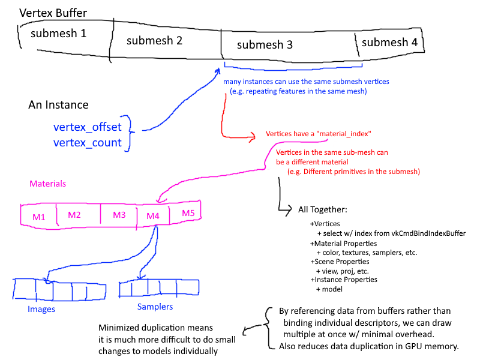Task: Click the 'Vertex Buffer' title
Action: click(53, 13)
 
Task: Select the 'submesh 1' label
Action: click(59, 34)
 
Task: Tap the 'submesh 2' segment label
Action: click(155, 41)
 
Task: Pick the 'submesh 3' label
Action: click(265, 44)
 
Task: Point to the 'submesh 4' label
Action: click(389, 42)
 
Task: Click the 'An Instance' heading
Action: click(58, 105)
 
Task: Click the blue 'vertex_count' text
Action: click(88, 143)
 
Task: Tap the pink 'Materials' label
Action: click(47, 183)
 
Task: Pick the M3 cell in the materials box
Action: click(119, 215)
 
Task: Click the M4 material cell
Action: click(152, 215)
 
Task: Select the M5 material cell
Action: click(188, 213)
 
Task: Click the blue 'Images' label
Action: click(41, 309)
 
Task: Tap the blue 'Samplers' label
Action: click(155, 307)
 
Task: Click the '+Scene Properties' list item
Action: click(340, 262)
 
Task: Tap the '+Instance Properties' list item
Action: click(343, 280)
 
